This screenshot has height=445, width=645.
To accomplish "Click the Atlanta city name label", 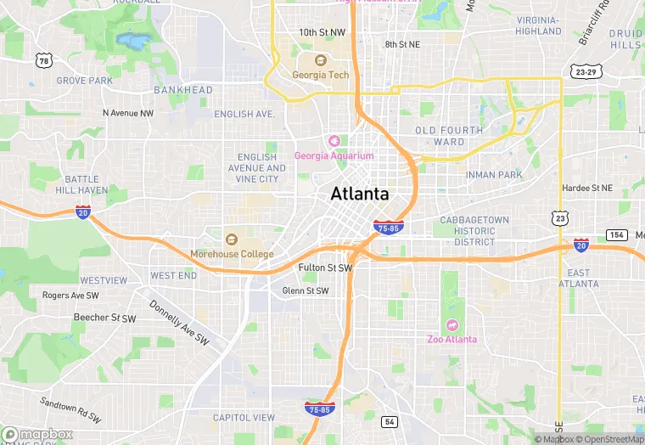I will click(360, 194).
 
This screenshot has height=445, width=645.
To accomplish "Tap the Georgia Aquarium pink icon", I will click(334, 140).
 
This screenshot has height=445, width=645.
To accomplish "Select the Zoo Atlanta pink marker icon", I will click(451, 324).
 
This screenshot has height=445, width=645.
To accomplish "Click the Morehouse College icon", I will click(232, 239).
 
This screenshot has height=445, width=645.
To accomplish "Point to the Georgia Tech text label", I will click(320, 75).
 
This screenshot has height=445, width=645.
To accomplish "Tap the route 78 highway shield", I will click(42, 60).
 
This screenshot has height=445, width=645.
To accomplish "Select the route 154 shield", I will click(616, 234).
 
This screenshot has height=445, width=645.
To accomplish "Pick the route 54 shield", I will click(390, 422).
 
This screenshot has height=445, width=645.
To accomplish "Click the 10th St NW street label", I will click(322, 32).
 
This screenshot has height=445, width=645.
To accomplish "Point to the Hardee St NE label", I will click(586, 188).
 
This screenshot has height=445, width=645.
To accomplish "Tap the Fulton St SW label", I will click(325, 268).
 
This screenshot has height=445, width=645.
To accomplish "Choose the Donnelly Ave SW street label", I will click(179, 323).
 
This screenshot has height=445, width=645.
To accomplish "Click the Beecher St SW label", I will click(104, 318).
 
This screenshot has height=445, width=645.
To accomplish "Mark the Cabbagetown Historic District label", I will click(474, 230).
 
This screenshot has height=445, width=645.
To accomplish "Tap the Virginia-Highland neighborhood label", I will click(538, 25).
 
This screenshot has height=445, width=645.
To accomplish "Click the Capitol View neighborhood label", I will click(244, 417).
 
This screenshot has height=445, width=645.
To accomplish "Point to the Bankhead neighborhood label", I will click(183, 89).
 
